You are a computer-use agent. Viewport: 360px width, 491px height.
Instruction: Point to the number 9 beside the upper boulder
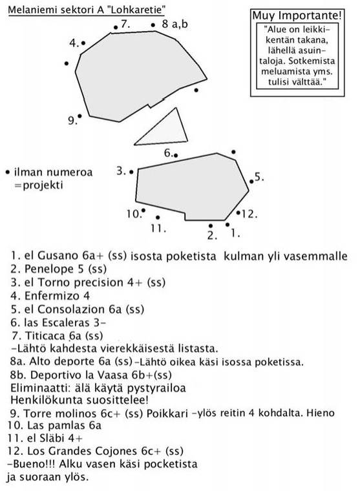pyautogui.click(x=71, y=120)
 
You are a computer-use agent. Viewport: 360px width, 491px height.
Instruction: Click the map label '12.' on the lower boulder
pyautogui.click(x=249, y=213)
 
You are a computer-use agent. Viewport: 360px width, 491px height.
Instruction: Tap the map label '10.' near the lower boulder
pyautogui.click(x=133, y=214)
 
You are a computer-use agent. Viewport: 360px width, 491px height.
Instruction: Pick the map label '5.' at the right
pyautogui.click(x=259, y=176)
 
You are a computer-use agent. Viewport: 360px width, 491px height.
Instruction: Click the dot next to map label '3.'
pyautogui.click(x=132, y=172)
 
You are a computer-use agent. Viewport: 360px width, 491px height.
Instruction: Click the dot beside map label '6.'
pyautogui.click(x=176, y=154)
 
